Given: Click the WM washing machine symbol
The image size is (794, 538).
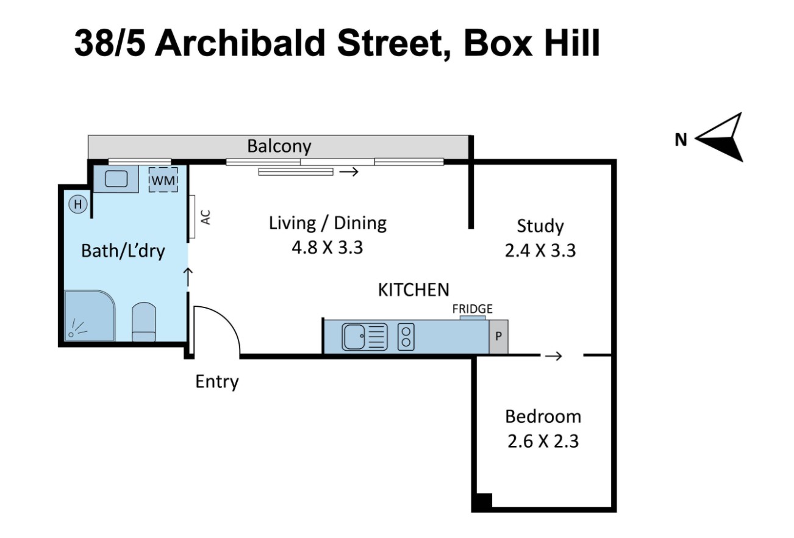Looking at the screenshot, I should tap(163, 180).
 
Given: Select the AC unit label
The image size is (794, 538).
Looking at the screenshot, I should tap(206, 217).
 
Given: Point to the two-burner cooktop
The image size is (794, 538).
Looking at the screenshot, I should tap(406, 337).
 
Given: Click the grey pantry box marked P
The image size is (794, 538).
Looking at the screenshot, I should tap(498, 337).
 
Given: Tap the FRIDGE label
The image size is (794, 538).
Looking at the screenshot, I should tap(472, 309).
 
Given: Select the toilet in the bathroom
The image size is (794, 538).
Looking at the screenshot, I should tap(144, 321).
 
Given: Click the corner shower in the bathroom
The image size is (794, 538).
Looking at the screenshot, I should tap(89, 316).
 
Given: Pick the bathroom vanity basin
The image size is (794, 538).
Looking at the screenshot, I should tap(116, 179).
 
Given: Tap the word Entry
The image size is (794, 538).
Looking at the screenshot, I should tap(216, 382).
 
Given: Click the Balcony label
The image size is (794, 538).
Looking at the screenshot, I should tap(279, 146).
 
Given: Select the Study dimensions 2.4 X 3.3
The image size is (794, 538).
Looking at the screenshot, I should tap(540, 251).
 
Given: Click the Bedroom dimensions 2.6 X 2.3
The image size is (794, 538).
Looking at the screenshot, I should tap(543, 440).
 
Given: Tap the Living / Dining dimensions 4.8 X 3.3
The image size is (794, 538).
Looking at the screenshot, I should tap(327, 248).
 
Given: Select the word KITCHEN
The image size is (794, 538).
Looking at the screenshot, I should tap(413, 290).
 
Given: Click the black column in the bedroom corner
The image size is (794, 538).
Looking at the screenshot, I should tap(482, 501).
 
